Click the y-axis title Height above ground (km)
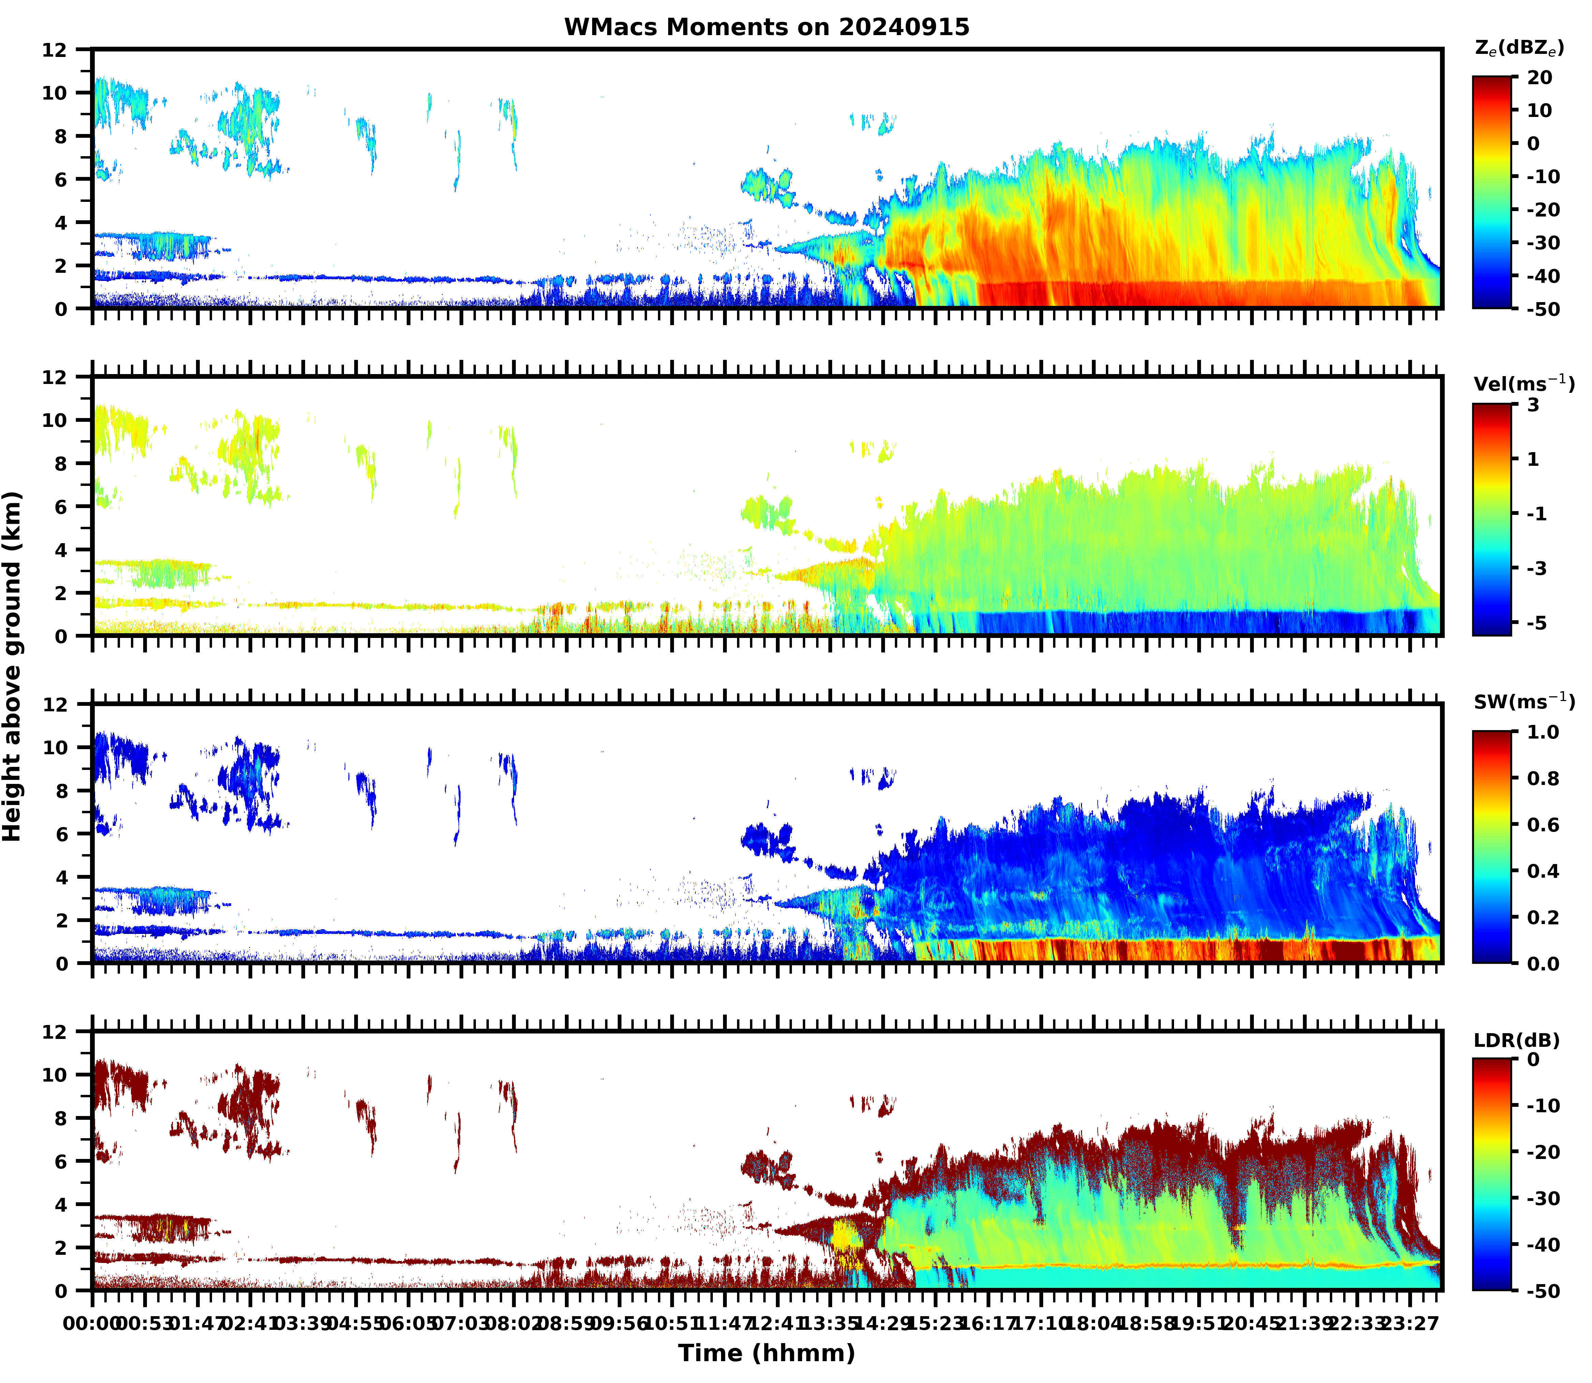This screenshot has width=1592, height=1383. click(x=12, y=666)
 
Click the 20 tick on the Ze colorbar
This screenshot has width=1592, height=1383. click(x=1540, y=78)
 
